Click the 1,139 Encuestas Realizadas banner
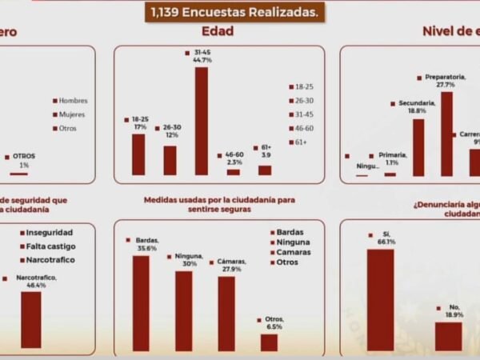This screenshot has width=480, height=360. pos(234,11)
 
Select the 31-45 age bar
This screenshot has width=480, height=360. pos(201,121)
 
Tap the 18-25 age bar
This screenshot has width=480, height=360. pos(138,154)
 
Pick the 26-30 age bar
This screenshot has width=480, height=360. pos(170,160)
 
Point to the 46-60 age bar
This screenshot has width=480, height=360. pos(233,171)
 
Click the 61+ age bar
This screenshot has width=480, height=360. pos(265,170)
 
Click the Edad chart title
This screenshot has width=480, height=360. pos(218,31)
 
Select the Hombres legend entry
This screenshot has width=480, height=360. pos(70,101)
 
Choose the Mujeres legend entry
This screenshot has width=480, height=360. pos(70,114)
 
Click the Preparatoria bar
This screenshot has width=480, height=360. pos(446,134)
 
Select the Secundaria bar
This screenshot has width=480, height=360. pos(418,147)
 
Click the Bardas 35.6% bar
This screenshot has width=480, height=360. pos(141,303)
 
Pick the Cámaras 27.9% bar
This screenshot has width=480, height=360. pos(226,314)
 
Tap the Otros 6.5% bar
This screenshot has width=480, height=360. pos(269,342)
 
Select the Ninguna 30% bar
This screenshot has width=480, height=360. pos(183,310)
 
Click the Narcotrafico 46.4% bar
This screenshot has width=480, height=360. pos(31,319)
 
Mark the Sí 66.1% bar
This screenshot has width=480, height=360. pos(380,300)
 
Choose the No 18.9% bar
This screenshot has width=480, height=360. pos(448,336)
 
